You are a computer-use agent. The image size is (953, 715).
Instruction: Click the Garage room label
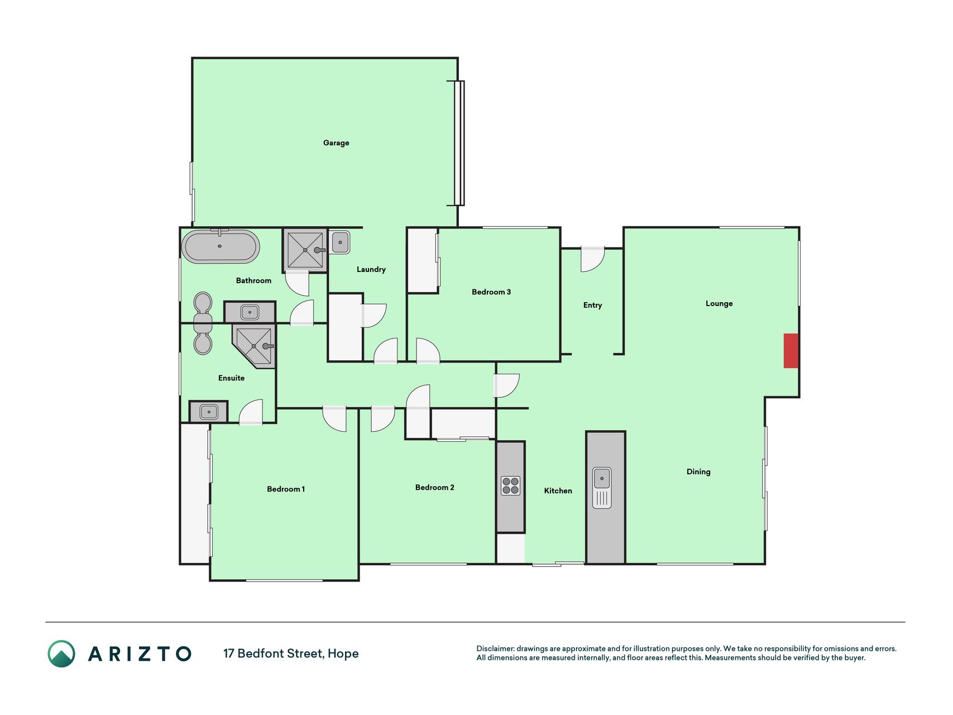(x=336, y=143)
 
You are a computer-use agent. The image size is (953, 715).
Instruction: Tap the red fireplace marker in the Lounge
(x=791, y=351)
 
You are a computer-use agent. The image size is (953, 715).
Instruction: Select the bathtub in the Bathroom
(x=221, y=246)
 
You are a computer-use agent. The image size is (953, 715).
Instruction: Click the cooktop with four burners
(x=510, y=485)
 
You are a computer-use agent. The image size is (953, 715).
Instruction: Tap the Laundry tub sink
(x=340, y=243)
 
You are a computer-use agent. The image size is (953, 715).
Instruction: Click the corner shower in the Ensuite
(x=255, y=346)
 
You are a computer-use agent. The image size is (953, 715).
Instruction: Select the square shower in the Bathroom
(x=305, y=250)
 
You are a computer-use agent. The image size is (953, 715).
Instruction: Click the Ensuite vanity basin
(x=209, y=412)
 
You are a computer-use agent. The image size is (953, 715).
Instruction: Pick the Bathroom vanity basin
(x=250, y=312)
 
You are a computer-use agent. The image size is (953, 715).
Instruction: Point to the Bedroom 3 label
(x=491, y=292)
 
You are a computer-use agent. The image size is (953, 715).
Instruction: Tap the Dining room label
(x=698, y=472)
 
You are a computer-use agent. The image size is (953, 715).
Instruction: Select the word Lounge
(x=719, y=304)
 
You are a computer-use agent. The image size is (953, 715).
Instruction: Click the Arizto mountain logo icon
(x=61, y=654)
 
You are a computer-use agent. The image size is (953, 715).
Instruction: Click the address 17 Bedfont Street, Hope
(x=291, y=654)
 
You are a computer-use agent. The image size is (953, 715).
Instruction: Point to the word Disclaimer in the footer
(x=495, y=649)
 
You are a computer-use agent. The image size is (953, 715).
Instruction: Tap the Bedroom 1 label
(x=286, y=489)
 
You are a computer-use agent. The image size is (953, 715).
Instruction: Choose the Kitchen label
(x=558, y=491)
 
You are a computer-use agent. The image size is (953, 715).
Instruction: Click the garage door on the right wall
(x=459, y=143)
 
